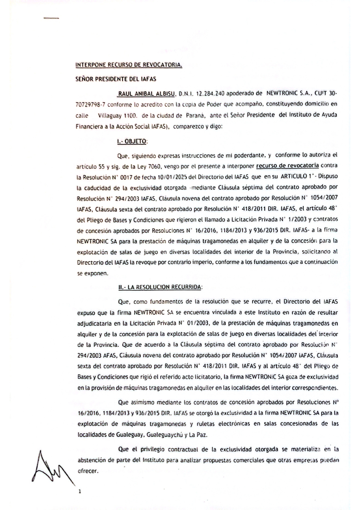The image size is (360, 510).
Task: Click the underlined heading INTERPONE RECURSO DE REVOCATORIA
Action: (x=129, y=65)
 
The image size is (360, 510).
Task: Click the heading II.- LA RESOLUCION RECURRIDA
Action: (x=160, y=287)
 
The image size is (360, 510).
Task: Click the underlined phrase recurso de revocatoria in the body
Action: (x=287, y=166)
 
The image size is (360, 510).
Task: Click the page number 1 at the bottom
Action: (x=79, y=492)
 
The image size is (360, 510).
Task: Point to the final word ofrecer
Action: (x=88, y=471)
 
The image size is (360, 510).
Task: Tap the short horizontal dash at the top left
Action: (x=51, y=18)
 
